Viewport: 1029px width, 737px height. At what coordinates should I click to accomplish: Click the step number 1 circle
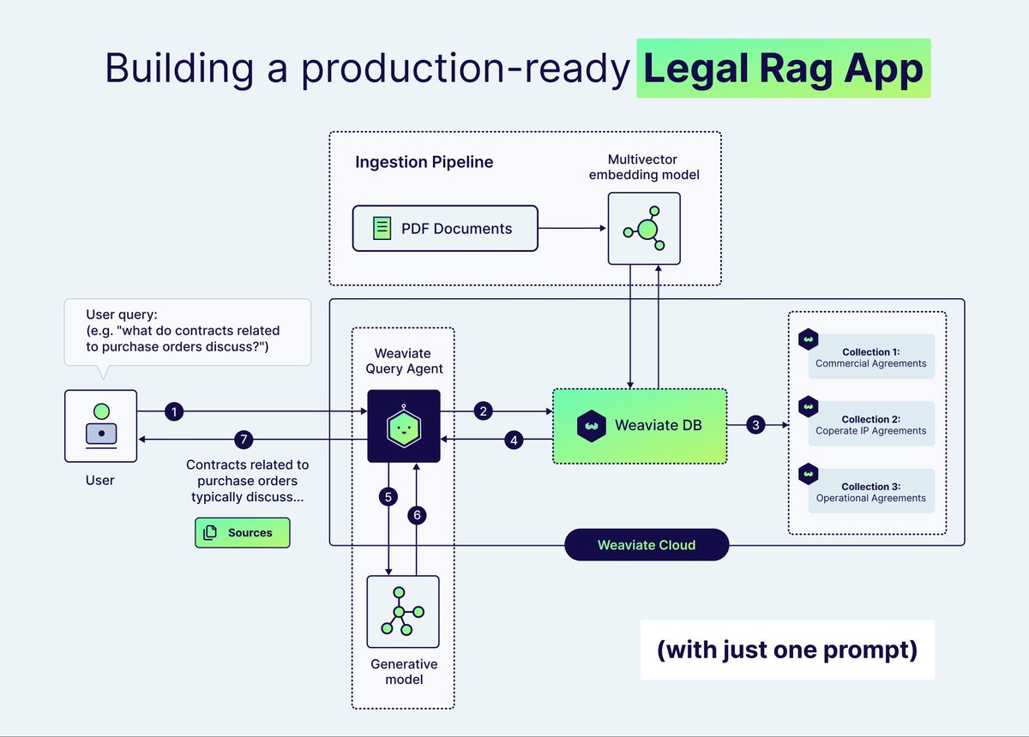point(175,412)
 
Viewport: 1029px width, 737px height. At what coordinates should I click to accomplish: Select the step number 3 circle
point(755,424)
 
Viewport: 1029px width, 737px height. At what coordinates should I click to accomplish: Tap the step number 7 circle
point(244,440)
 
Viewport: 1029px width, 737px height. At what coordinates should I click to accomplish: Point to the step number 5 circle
point(389,496)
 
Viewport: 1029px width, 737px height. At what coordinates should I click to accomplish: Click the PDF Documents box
point(445,228)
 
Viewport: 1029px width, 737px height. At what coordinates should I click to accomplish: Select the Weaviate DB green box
point(640,425)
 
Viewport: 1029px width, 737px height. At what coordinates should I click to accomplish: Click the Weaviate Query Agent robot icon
point(403,426)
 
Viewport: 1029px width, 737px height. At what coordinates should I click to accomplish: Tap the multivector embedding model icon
point(644,228)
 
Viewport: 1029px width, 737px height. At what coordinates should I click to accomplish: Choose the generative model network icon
point(403,611)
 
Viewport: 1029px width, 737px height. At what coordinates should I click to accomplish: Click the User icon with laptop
point(100,425)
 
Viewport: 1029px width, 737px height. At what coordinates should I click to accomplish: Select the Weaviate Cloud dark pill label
point(647,545)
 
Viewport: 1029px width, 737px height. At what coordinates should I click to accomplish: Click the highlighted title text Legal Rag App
point(783,69)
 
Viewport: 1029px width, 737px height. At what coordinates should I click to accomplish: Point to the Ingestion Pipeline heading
point(424,162)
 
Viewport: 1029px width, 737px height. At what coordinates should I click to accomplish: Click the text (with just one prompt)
point(787,650)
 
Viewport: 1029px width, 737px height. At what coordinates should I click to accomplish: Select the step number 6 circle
point(417,515)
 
